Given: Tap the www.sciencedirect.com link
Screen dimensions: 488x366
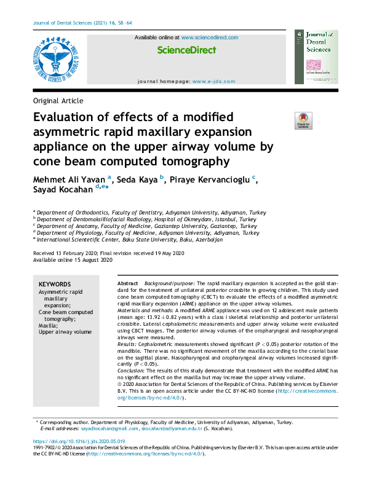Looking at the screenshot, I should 210,37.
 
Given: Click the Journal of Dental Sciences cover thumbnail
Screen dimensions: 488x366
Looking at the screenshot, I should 316,57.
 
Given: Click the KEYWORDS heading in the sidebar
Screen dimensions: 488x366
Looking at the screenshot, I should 55,285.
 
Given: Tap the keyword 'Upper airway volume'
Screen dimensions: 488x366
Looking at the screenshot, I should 65,332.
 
